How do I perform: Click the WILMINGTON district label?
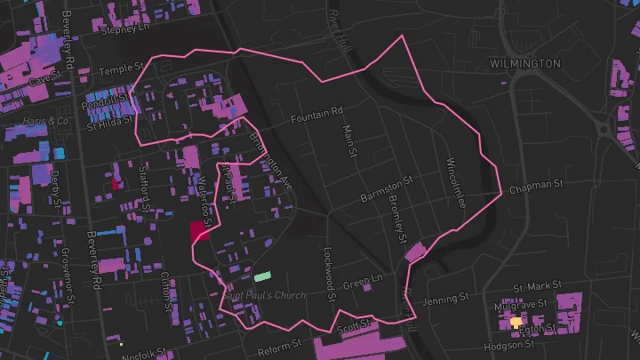coord(525,64)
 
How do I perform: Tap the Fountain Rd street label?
coord(317,116)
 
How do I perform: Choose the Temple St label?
coord(121,68)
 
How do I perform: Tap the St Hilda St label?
coord(108,126)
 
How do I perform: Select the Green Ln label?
coord(362,284)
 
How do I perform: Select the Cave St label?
coord(41,80)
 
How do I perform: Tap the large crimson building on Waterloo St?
coord(199,233)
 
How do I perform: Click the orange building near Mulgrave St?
coord(516,322)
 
